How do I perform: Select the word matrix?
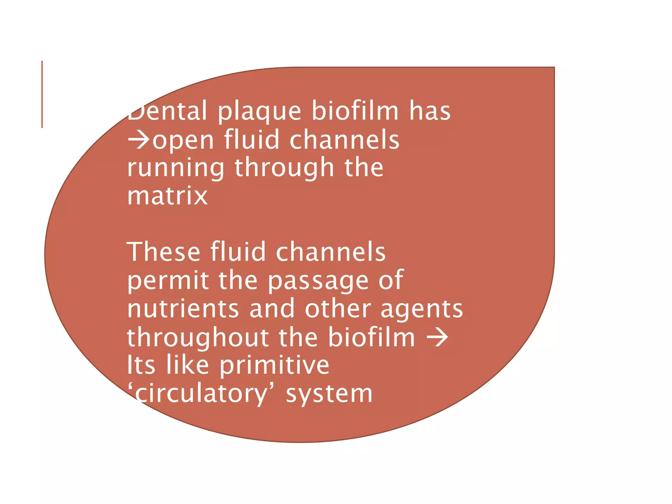[167, 196]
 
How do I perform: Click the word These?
[163, 252]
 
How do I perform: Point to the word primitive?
[274, 366]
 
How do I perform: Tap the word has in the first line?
[430, 111]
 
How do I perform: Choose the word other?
[338, 309]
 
